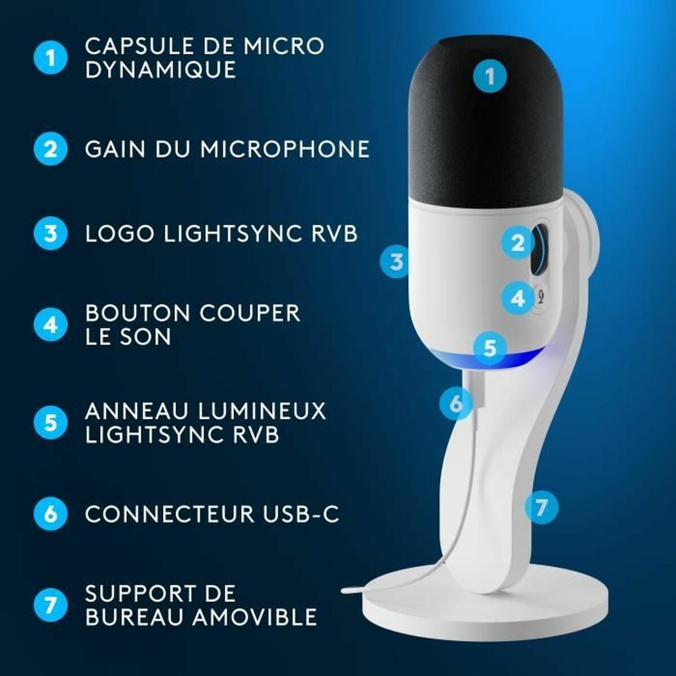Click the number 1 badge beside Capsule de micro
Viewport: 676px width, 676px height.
51,57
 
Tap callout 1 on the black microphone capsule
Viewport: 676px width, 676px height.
490,76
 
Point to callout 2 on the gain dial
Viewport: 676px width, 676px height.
518,243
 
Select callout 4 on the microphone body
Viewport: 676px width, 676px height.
517,297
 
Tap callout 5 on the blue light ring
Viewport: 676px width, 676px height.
490,348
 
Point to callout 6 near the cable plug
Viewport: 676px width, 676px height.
456,403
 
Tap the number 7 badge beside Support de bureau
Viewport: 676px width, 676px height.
51,605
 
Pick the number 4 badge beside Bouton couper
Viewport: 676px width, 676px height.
51,325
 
